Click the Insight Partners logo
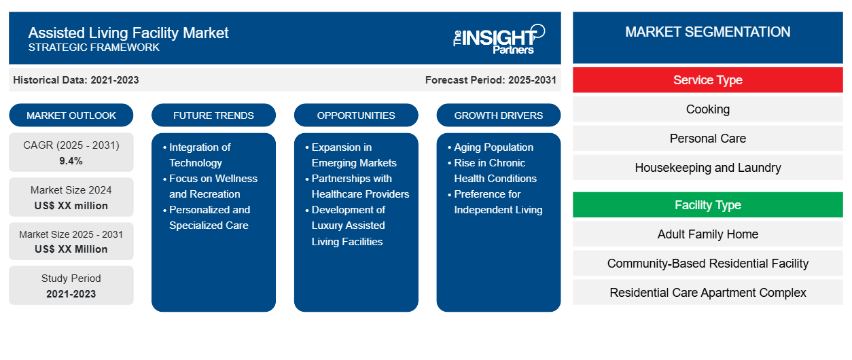(x=499, y=38)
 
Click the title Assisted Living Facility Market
(x=128, y=33)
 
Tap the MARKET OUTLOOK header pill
(x=71, y=115)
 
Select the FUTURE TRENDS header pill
(x=213, y=115)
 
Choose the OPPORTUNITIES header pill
(x=356, y=115)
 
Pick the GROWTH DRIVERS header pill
(x=499, y=115)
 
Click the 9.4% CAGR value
(x=71, y=161)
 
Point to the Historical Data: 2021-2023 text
(x=76, y=80)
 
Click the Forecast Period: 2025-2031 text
(x=491, y=80)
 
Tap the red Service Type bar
(x=707, y=80)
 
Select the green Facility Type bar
(x=707, y=205)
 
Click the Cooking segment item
(x=707, y=109)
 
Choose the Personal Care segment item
(x=707, y=139)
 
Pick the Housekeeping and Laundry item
(x=707, y=168)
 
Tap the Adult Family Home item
(x=707, y=234)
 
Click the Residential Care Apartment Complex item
(x=707, y=293)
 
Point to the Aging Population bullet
(x=493, y=147)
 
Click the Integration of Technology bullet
(x=200, y=155)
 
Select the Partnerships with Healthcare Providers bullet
(x=360, y=186)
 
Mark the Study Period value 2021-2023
(x=71, y=294)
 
